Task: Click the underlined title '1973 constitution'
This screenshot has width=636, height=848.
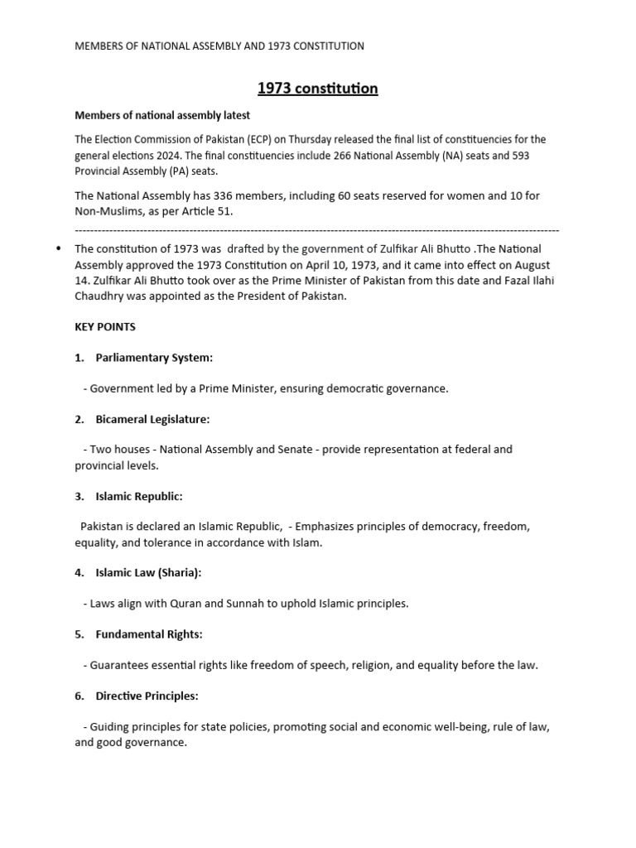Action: click(x=318, y=89)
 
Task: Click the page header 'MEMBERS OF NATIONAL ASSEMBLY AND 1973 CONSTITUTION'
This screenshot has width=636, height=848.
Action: click(x=219, y=46)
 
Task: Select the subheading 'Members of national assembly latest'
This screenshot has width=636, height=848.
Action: click(x=162, y=115)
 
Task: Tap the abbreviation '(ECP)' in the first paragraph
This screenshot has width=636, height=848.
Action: click(x=253, y=139)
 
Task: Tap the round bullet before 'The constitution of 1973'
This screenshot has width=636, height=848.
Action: click(x=57, y=248)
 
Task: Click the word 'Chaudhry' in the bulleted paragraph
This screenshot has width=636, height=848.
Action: click(x=102, y=296)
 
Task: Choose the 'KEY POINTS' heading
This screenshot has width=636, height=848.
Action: click(x=105, y=327)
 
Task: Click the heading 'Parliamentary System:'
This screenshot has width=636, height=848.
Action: click(x=154, y=358)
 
